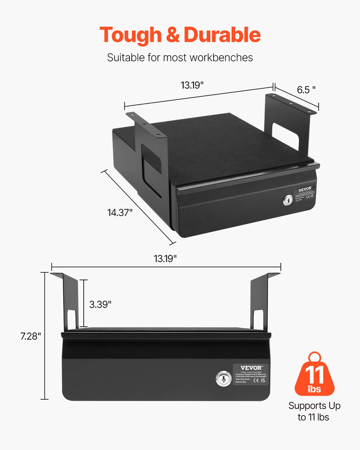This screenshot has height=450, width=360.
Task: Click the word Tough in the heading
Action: (x=130, y=35)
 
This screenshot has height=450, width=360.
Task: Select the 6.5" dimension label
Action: (x=307, y=89)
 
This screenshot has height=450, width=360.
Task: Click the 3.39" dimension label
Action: (x=100, y=304)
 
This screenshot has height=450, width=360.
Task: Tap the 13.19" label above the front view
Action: (x=165, y=258)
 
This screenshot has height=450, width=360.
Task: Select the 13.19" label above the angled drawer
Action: (x=193, y=85)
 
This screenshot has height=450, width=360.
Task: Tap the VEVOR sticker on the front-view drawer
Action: (x=250, y=374)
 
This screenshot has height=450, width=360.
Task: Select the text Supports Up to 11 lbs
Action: (x=314, y=411)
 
